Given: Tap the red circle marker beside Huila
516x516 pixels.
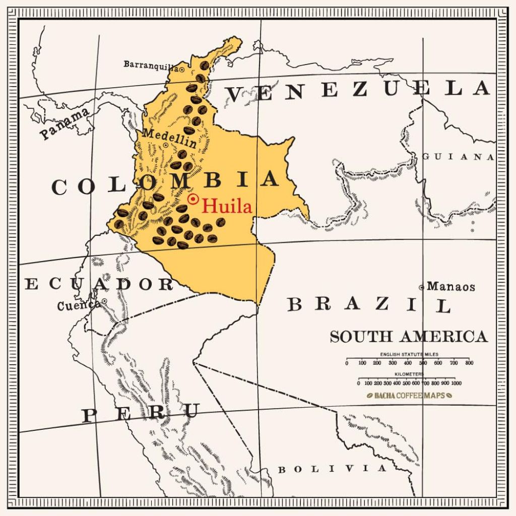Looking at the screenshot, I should pos(192,199).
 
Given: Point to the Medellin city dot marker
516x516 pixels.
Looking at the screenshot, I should pos(166,145).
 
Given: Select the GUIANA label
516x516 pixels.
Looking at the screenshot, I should pos(458,157).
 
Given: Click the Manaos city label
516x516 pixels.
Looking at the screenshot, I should pos(450,287).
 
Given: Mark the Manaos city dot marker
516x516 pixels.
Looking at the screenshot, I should pos(422,287).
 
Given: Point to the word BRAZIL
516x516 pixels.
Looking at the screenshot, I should pos(369,304).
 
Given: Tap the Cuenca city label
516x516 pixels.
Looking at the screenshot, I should pos(78,305).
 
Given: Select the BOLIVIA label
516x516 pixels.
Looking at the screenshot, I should pos(332,469).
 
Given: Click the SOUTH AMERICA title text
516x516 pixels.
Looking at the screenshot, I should pos(409,336).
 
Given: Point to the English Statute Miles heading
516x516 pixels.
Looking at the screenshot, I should pos(409,354).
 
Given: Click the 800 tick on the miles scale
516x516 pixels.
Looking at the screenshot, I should pos(469,362).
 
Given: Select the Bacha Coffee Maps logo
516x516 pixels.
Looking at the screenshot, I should pos(409,396).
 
